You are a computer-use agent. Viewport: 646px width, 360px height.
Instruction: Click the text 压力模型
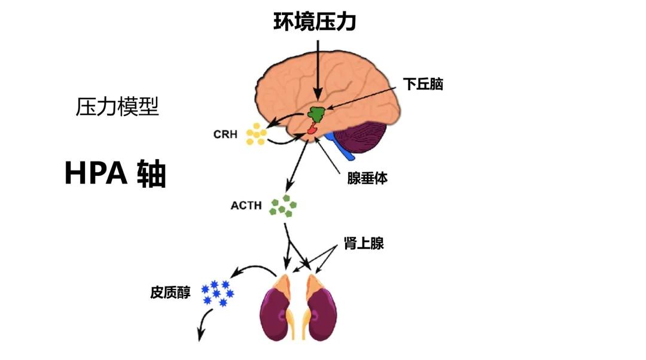117,107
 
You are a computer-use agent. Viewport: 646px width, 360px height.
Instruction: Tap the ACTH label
246,206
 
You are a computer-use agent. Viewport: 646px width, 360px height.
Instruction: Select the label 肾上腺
363,243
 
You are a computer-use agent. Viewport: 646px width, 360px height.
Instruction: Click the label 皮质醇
170,293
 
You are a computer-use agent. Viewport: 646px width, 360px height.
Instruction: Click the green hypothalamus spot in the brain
316,113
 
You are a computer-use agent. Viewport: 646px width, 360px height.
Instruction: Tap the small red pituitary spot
312,129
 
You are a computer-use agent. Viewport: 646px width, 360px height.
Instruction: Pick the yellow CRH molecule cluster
256,135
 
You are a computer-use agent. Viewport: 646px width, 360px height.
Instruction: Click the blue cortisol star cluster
216,293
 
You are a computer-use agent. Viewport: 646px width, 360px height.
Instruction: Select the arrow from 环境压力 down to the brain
318,66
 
